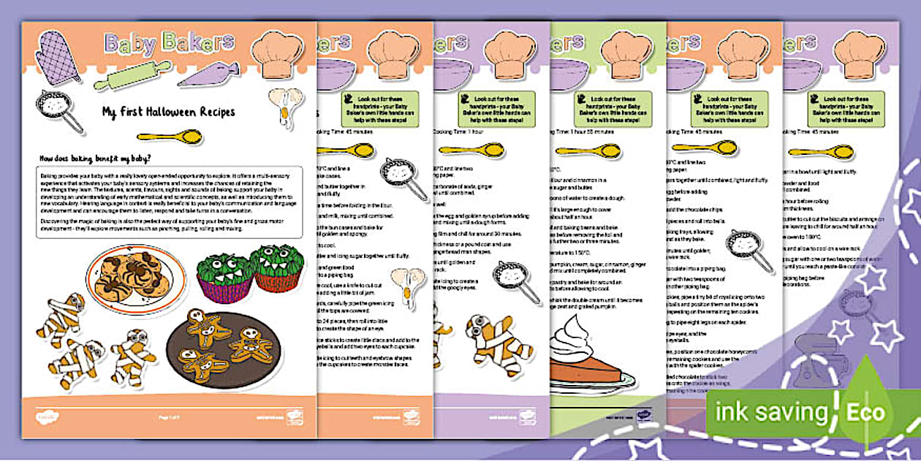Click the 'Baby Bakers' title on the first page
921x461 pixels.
[170, 44]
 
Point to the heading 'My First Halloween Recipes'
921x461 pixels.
[169, 112]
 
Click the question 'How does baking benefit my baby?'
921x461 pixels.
[98, 157]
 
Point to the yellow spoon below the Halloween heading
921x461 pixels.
[170, 137]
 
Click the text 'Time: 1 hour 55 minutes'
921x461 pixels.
[591, 132]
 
